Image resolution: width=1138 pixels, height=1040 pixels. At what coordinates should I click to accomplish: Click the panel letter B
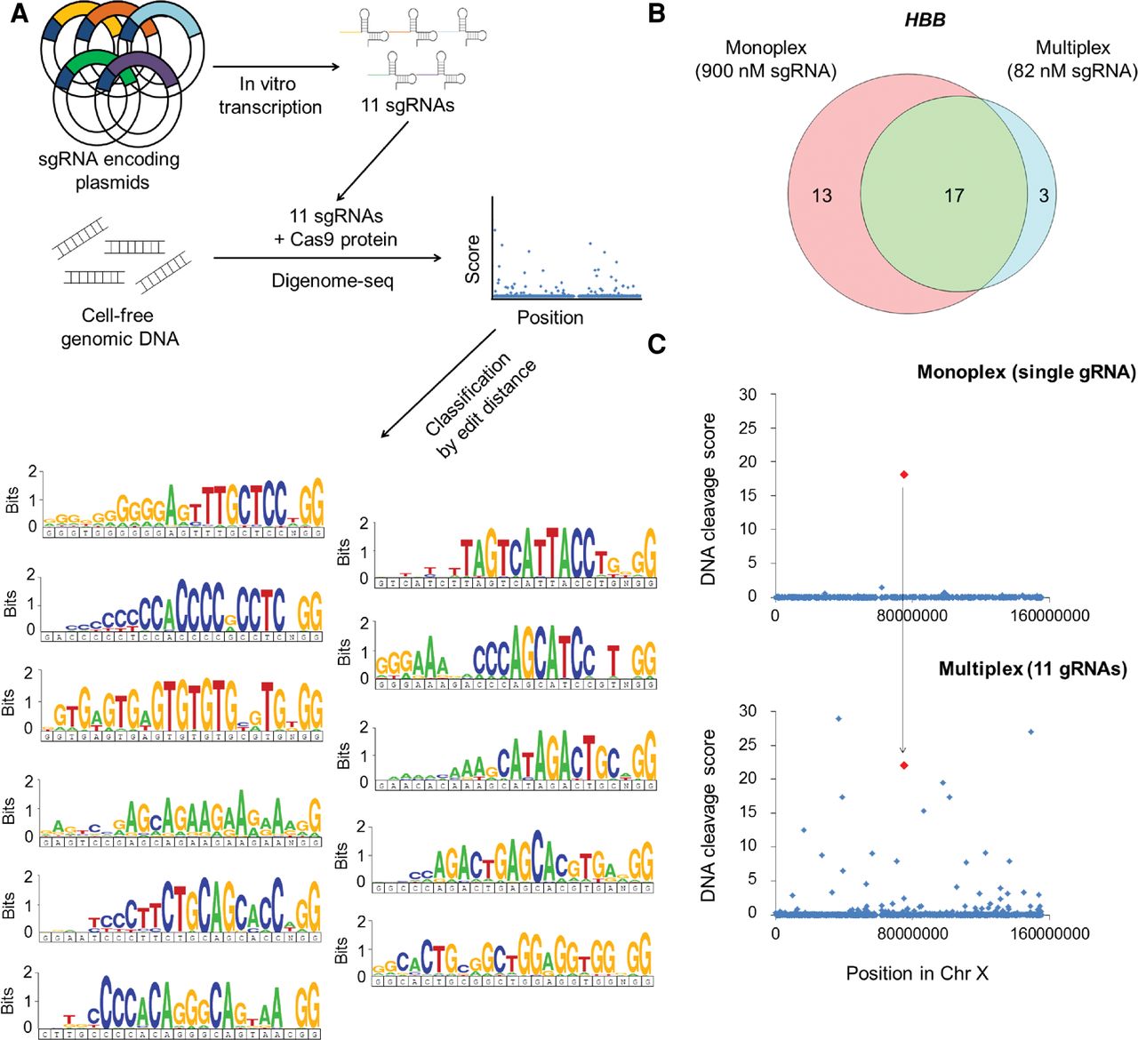pyautogui.click(x=657, y=13)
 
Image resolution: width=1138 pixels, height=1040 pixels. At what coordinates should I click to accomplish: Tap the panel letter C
pyautogui.click(x=657, y=344)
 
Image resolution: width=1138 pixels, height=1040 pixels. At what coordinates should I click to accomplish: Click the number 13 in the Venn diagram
pyautogui.click(x=822, y=196)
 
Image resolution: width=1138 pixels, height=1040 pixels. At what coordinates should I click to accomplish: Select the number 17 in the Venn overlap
pyautogui.click(x=954, y=196)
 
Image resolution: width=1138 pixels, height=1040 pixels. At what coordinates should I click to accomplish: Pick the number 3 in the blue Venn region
pyautogui.click(x=1045, y=196)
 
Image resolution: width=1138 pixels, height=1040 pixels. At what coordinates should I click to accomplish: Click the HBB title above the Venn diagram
pyautogui.click(x=926, y=20)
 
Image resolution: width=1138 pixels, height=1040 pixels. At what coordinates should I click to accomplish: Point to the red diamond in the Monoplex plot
pyautogui.click(x=904, y=475)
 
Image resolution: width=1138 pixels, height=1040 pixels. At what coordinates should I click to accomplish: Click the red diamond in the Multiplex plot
pyautogui.click(x=904, y=765)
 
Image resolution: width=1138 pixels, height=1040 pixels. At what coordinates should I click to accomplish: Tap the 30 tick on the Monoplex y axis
pyautogui.click(x=748, y=395)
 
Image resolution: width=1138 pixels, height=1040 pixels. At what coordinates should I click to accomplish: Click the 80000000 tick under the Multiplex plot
pyautogui.click(x=902, y=933)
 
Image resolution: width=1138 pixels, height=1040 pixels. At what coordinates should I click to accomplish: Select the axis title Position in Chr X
pyautogui.click(x=917, y=973)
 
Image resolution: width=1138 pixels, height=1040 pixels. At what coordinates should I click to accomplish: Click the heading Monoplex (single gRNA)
pyautogui.click(x=1026, y=372)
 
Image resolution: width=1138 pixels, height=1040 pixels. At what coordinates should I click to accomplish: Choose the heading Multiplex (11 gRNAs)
pyautogui.click(x=1032, y=668)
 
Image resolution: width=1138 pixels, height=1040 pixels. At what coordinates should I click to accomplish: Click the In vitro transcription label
pyautogui.click(x=269, y=95)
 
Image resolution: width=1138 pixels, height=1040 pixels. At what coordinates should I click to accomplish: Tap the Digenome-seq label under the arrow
pyautogui.click(x=332, y=282)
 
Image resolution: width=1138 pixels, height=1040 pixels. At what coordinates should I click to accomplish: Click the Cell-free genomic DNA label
pyautogui.click(x=119, y=327)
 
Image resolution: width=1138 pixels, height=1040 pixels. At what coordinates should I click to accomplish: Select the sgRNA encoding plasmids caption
pyautogui.click(x=108, y=171)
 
